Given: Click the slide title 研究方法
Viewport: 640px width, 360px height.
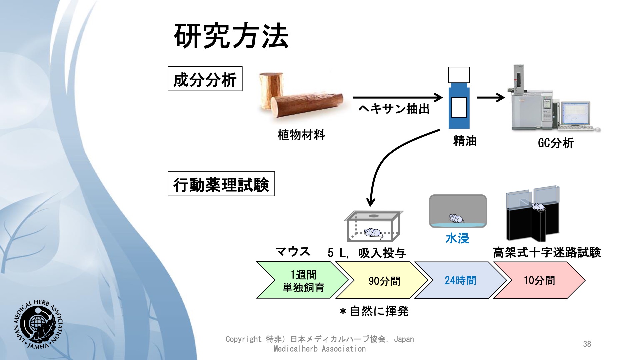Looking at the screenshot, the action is (x=231, y=36).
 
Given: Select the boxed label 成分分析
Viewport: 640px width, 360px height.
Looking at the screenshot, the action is (x=205, y=79).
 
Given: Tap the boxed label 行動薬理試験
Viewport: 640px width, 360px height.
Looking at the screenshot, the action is (x=221, y=184).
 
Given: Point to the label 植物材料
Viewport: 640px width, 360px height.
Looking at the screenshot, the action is (x=301, y=135).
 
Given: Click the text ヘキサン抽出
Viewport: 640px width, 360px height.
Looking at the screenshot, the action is (x=394, y=109).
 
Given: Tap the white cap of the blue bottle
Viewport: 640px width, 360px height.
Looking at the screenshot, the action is (x=459, y=75).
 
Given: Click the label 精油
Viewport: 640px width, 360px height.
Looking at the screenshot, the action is (x=465, y=141).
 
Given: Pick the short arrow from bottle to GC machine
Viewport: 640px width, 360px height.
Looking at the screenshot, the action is (x=491, y=98).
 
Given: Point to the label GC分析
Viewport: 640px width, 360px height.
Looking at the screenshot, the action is (x=556, y=143).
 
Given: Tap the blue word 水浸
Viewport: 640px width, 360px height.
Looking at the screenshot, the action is (x=457, y=238).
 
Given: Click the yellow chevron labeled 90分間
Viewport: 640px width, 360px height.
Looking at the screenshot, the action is (x=382, y=280).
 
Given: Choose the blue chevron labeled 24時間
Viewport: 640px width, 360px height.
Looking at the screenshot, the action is (x=460, y=280).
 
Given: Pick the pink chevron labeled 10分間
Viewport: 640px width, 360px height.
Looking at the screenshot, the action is (x=539, y=280).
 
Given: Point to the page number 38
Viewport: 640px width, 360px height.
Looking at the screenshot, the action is (x=587, y=344).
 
